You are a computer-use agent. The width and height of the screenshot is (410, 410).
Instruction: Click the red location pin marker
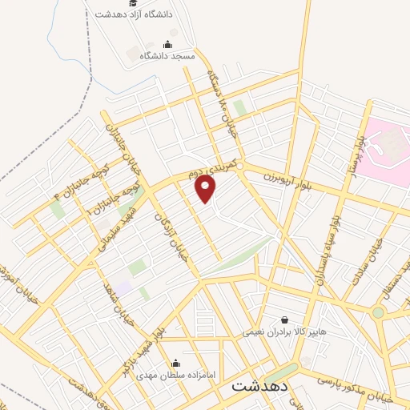pos(207,189)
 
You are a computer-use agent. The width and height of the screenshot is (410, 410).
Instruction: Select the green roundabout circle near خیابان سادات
pos(378,312)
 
